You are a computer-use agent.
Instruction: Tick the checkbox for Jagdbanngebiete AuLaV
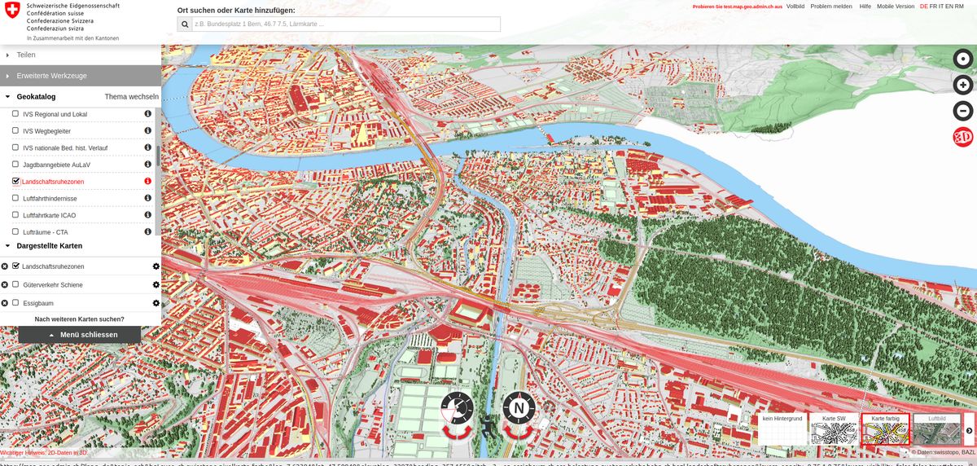pos(15,165)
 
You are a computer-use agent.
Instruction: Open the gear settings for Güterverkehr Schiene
pos(156,284)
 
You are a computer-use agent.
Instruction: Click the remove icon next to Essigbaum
pos(5,303)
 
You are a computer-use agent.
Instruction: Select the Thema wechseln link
pos(131,96)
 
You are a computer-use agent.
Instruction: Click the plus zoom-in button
pos(963,85)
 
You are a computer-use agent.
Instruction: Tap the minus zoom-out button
pos(963,112)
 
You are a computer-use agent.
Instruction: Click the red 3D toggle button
pos(963,138)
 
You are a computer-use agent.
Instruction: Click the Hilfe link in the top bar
pos(865,6)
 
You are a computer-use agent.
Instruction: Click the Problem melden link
pos(831,6)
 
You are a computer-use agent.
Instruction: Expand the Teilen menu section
pos(26,55)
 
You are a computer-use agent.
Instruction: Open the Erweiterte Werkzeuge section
pos(51,76)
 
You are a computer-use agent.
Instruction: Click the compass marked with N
pos(519,407)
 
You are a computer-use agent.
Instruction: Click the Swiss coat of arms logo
pos(12,11)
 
